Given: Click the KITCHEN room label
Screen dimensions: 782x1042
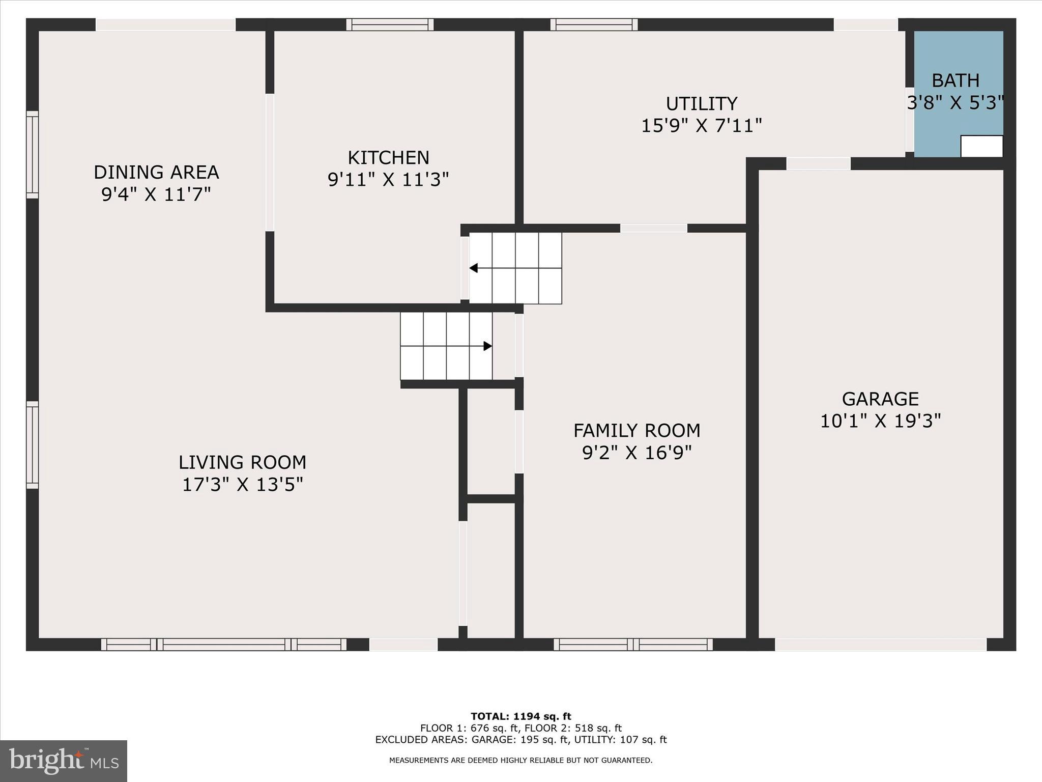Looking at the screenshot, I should [x=388, y=158].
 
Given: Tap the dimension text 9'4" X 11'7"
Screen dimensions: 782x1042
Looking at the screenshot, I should [x=156, y=194].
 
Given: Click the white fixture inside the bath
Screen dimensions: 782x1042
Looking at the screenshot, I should [x=981, y=147].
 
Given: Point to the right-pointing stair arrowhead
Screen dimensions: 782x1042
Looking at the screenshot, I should [x=487, y=346].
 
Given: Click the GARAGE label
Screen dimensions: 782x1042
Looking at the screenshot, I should [x=880, y=399].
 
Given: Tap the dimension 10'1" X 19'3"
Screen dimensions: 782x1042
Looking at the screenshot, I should [x=880, y=421].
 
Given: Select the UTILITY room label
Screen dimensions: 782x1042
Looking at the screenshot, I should [x=702, y=104].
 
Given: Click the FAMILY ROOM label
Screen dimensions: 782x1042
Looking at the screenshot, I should [x=636, y=431].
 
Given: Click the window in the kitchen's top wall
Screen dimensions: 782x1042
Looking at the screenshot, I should [x=390, y=24].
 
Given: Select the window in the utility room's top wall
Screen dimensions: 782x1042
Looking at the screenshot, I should [x=594, y=24].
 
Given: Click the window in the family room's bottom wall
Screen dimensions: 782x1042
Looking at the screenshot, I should [x=633, y=645].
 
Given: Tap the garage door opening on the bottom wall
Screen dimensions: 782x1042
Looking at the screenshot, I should [x=880, y=645].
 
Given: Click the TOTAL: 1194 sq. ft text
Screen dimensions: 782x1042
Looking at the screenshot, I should [x=520, y=716].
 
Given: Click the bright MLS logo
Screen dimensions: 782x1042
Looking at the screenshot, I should [x=64, y=761].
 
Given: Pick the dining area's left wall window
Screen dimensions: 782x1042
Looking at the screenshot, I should [x=32, y=155].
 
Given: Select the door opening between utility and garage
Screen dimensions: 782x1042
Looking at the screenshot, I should [x=818, y=164].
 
